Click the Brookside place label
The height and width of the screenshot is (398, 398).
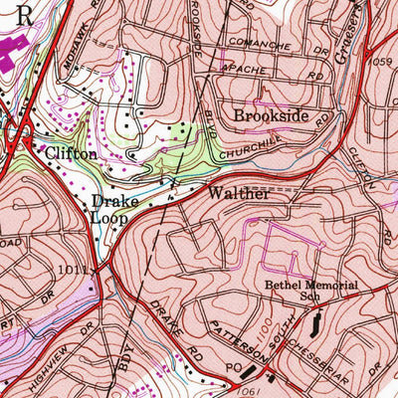[270, 115]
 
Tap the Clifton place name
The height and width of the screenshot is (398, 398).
[71, 154]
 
